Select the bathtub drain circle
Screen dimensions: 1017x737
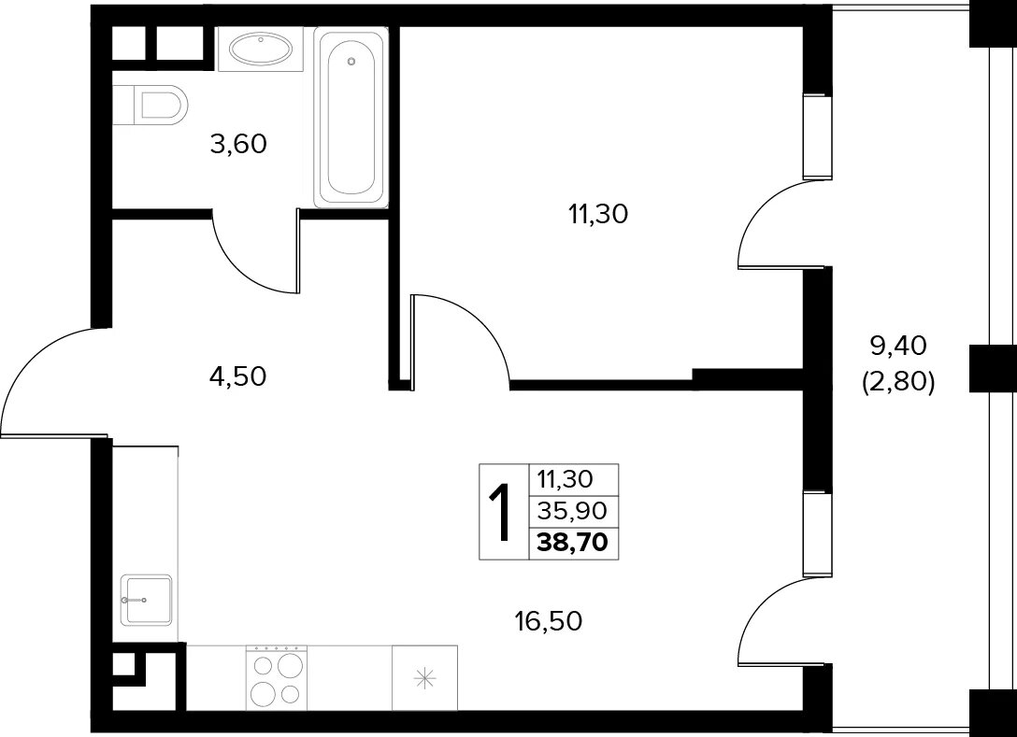coord(351,62)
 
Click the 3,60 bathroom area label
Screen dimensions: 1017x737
coord(238,144)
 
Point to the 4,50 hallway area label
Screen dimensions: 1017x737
coord(238,376)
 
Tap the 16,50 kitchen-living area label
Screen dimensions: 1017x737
coord(549,621)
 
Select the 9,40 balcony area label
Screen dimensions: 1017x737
coord(898,347)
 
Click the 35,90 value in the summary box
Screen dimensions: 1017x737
coord(572,512)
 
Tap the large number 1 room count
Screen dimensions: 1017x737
coord(501,513)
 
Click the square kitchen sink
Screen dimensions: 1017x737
coord(146,601)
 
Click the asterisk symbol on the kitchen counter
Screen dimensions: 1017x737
coord(424,679)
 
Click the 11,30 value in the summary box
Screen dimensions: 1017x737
coord(566,480)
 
